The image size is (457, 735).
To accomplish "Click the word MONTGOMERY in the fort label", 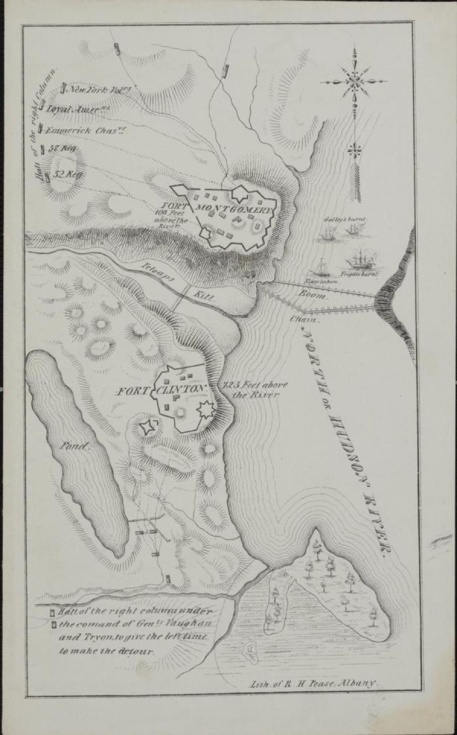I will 235,210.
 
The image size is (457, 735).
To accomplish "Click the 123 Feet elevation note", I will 251,389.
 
